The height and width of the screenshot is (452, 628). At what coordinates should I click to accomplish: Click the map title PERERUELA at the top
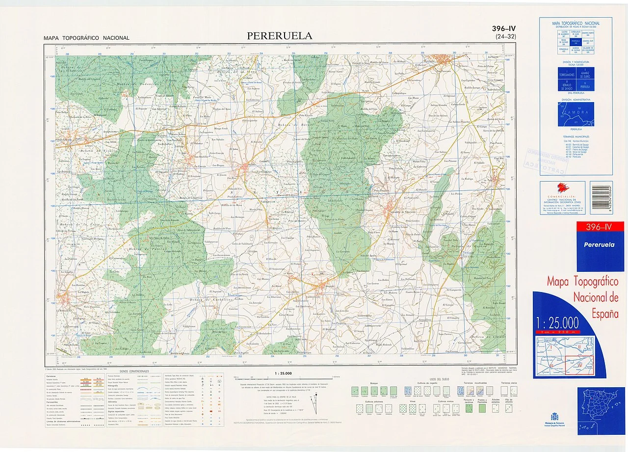pos(279,36)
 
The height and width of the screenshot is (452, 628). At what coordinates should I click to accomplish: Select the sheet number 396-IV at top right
pos(504,29)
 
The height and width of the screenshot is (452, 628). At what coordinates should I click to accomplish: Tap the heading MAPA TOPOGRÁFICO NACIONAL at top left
pos(86,38)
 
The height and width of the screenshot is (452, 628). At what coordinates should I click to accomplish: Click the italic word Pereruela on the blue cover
pos(599,244)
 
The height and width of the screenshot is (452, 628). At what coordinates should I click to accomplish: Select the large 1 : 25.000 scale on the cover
pos(557,323)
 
